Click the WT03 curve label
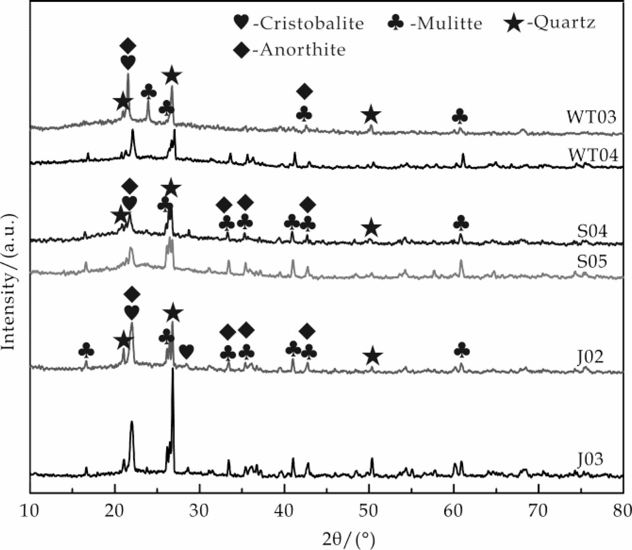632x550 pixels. (591, 117)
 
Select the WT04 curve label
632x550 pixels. (593, 155)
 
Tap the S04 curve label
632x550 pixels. (592, 231)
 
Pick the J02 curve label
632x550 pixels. (590, 356)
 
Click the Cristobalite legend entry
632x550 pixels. (299, 23)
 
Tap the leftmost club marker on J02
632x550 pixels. (86, 350)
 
